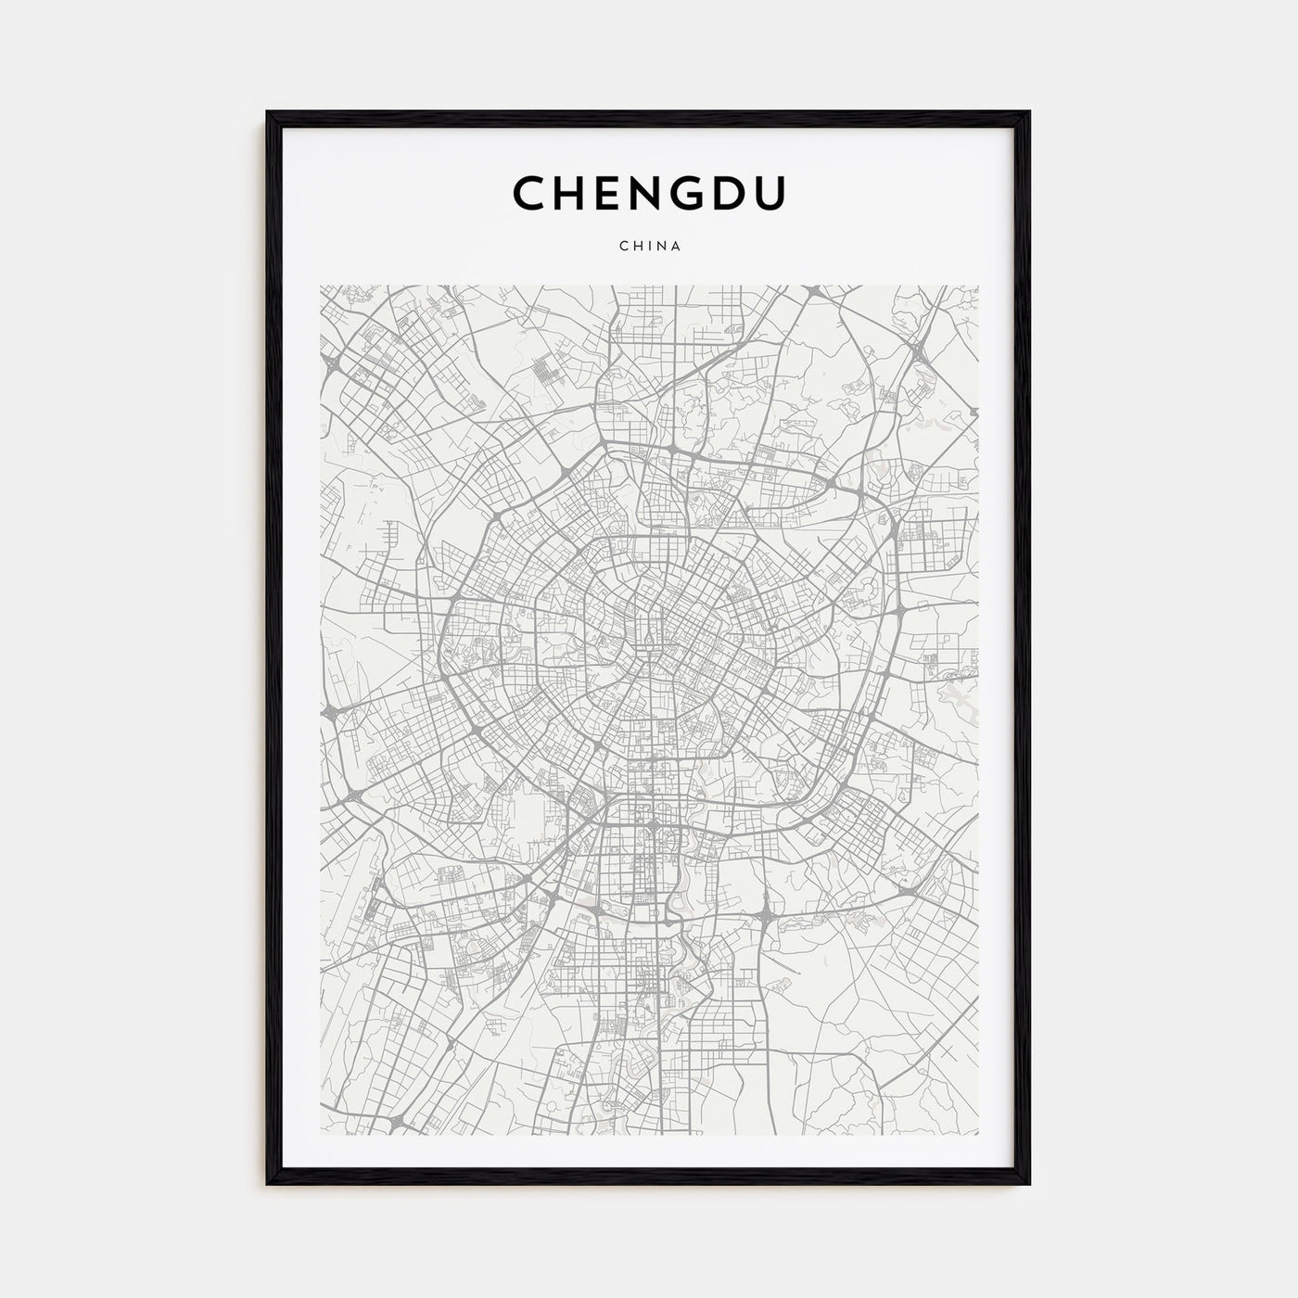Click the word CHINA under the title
pos(649,247)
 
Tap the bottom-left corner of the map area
pos(321,1134)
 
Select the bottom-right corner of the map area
pos(978,1134)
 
